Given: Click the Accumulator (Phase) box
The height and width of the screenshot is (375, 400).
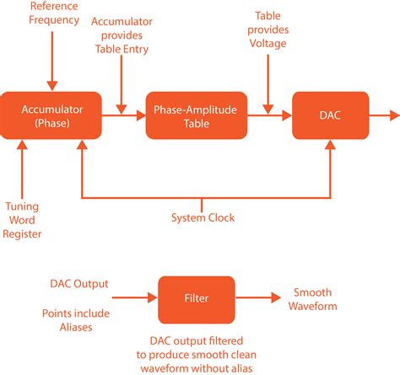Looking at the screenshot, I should click(x=52, y=115).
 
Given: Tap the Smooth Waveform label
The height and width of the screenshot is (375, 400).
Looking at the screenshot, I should click(x=315, y=299).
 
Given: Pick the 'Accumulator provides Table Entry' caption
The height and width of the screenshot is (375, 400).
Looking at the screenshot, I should click(x=122, y=35).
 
